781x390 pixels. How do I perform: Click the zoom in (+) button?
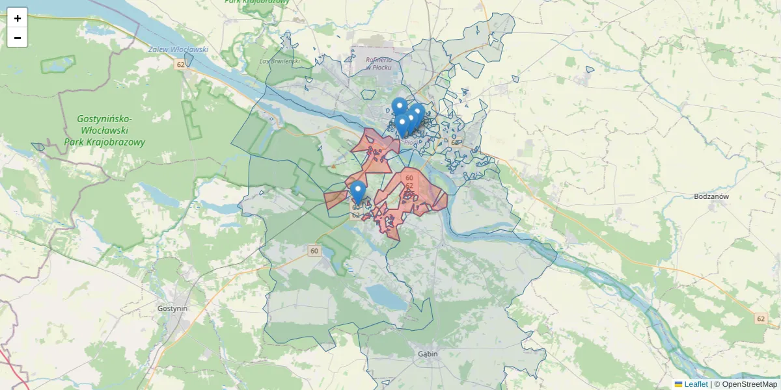pos(18,18)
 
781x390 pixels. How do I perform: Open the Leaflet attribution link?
pos(696,384)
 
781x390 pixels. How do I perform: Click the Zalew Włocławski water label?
pos(178,49)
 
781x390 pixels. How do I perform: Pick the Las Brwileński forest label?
pos(279,61)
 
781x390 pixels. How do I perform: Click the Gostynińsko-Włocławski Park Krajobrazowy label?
pos(104,131)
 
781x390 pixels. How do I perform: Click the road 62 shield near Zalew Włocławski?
pos(180,65)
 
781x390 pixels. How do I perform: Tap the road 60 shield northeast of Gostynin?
pos(315,251)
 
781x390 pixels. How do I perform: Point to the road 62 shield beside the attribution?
pos(761,318)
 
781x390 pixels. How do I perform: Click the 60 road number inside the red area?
pos(409,177)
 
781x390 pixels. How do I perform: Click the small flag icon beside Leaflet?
pos(678,384)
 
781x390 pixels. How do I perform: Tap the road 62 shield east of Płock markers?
pos(454,141)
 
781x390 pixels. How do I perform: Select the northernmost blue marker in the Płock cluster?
pos(399,105)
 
